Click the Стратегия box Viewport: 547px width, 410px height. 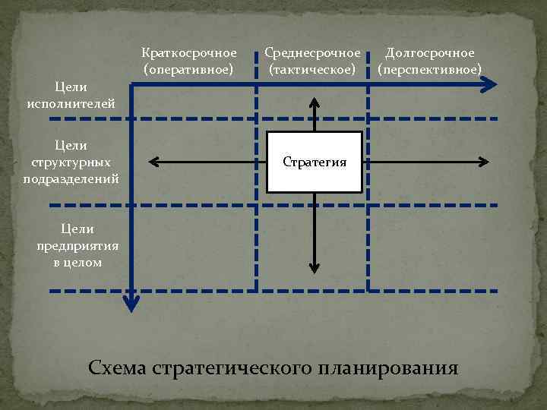[315, 161]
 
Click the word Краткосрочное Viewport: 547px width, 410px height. [188, 53]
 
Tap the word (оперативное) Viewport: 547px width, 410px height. [188, 69]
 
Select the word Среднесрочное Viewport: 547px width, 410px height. [312, 53]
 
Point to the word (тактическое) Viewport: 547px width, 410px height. [312, 69]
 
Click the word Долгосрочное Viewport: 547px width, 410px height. [430, 53]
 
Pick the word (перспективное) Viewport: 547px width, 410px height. [430, 69]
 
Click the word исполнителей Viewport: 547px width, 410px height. [71, 103]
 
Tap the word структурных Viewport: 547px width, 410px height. [71, 162]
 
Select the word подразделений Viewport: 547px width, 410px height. [71, 178]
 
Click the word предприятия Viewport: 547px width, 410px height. [71, 245]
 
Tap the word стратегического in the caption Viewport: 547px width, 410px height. [231, 370]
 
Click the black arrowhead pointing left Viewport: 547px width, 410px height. [153, 161]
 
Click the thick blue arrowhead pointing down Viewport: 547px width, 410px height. [132, 305]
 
